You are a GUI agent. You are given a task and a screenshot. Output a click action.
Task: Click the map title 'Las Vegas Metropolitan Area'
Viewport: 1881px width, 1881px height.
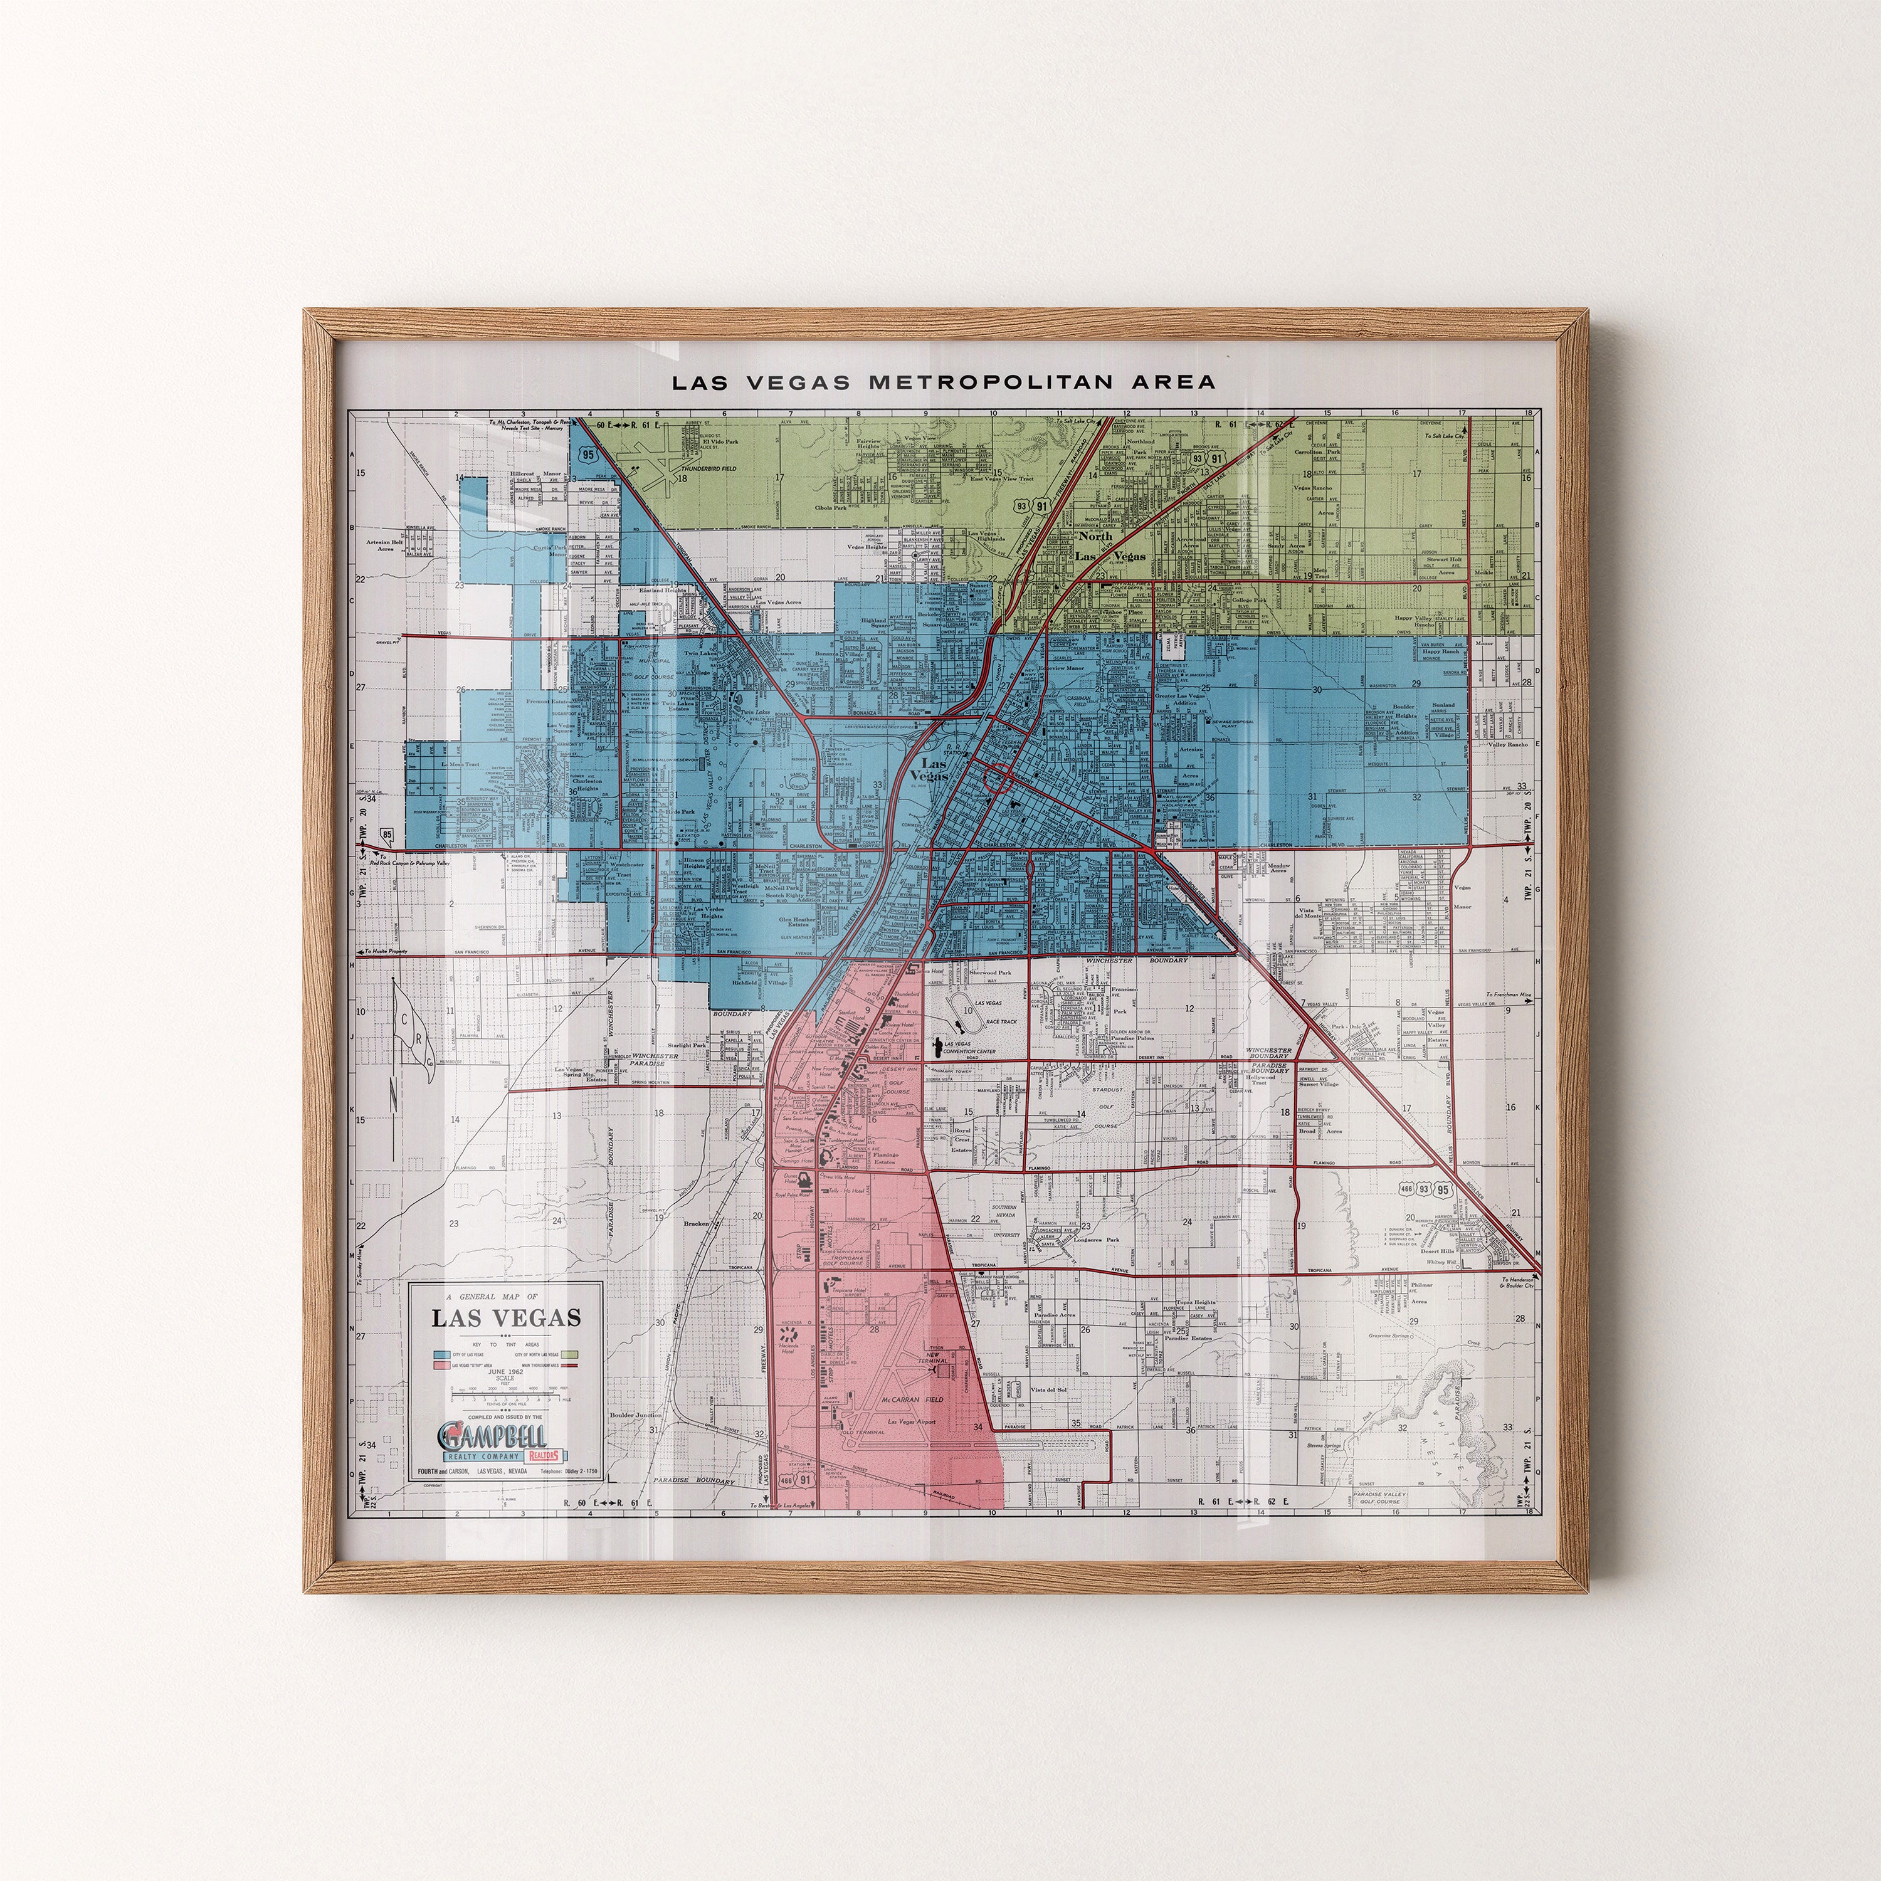[x=944, y=382]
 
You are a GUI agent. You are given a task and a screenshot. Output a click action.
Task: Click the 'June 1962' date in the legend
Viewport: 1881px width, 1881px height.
[x=503, y=1370]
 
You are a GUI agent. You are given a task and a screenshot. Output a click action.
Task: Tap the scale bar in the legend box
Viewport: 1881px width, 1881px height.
[x=503, y=1397]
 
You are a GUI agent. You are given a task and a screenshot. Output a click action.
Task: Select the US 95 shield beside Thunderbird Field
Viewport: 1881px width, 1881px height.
[x=587, y=455]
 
